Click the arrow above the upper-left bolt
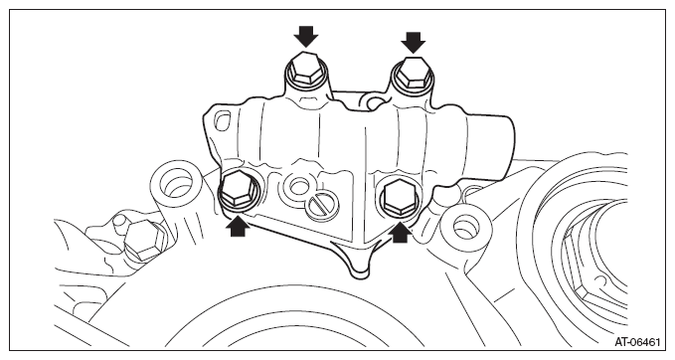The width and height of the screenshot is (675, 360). click(x=306, y=36)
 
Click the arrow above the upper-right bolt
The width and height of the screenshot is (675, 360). click(x=414, y=42)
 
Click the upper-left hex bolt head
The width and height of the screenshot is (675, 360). click(x=305, y=70)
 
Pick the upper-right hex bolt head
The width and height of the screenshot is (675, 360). click(x=414, y=74)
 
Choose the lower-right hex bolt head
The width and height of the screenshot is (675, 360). click(x=402, y=197)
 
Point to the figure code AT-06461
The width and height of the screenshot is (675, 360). click(x=637, y=342)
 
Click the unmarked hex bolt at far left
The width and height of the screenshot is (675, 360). click(x=145, y=241)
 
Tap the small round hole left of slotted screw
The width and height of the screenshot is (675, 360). click(x=297, y=187)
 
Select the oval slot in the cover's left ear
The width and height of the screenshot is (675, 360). click(x=222, y=120)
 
